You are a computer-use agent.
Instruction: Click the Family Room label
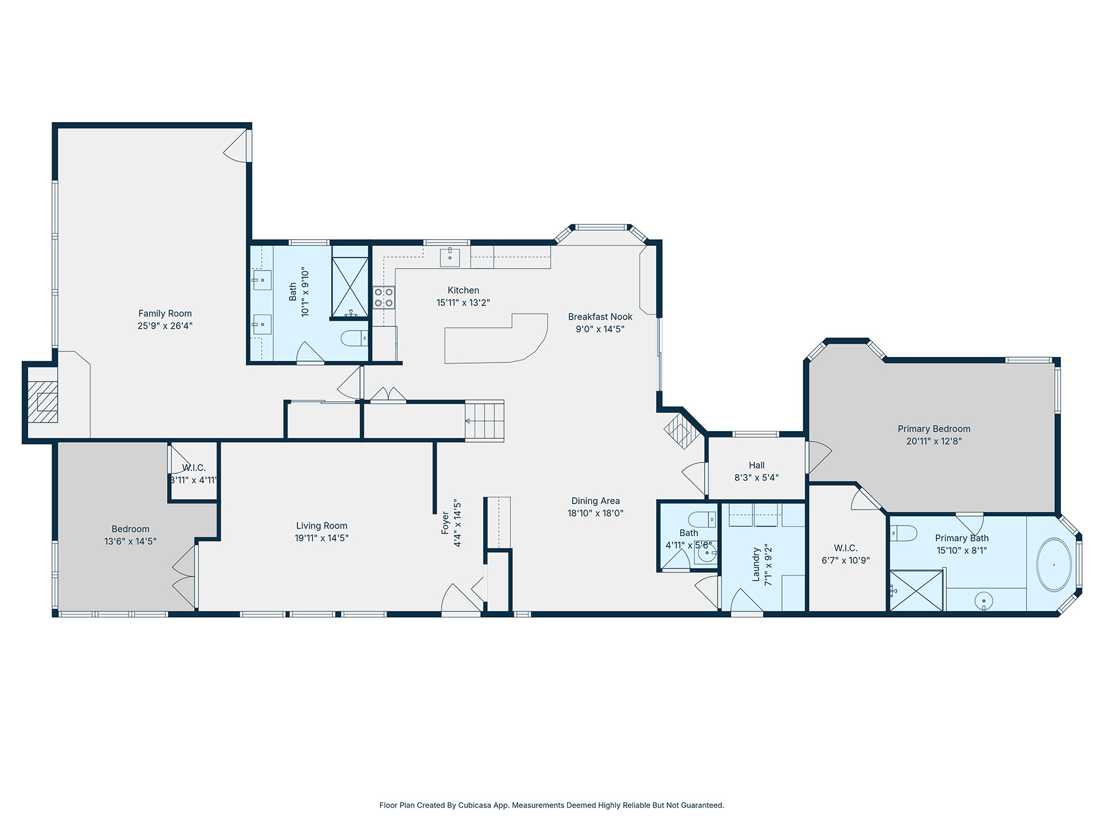(165, 313)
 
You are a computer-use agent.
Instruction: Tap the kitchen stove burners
(384, 297)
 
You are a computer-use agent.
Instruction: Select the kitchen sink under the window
(450, 258)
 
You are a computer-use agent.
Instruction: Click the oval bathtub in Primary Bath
(1054, 565)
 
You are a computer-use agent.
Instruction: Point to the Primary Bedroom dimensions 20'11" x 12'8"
(934, 441)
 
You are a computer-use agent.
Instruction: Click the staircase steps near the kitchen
(485, 421)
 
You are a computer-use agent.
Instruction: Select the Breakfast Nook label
(600, 316)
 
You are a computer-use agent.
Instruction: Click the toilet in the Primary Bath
(903, 534)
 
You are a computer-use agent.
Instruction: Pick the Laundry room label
(756, 564)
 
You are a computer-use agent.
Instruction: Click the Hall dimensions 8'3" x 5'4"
(756, 477)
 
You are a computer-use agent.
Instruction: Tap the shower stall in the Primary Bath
(916, 591)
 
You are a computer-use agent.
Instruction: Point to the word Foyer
(446, 523)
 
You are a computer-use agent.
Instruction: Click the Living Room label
(321, 526)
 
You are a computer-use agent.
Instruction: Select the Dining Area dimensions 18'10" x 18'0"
(596, 513)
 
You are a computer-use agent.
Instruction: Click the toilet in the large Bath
(355, 338)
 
